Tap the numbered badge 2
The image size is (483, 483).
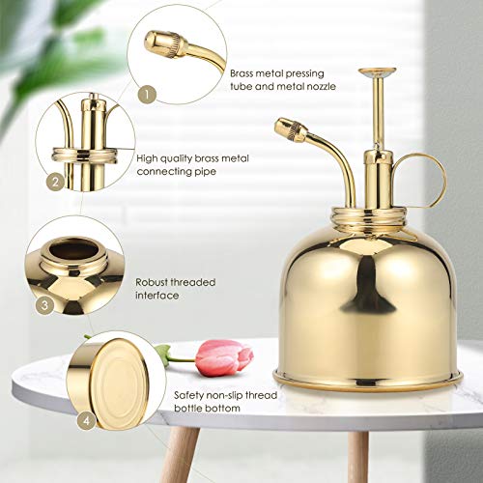pos(55,181)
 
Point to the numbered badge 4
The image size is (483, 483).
pos(87,422)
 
